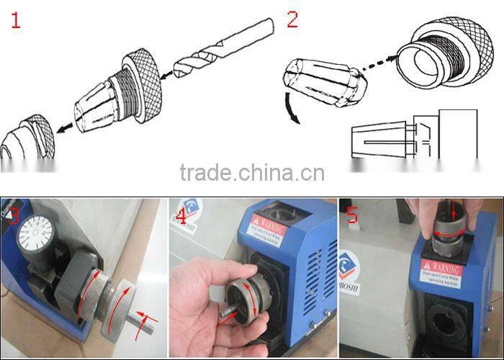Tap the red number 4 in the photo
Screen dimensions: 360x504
(x=180, y=214)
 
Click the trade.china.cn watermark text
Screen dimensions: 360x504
(x=252, y=174)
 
